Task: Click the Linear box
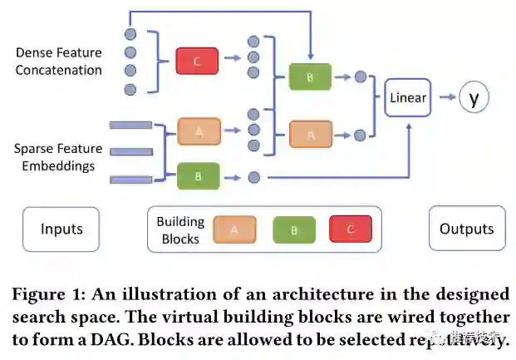pyautogui.click(x=407, y=98)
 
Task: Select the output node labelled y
pyautogui.click(x=474, y=98)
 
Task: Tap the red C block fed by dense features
pyautogui.click(x=197, y=61)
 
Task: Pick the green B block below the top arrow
pyautogui.click(x=309, y=77)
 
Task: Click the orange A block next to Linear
pyautogui.click(x=311, y=134)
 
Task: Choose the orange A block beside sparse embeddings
pyautogui.click(x=199, y=131)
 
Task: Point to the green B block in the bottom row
pyautogui.click(x=199, y=176)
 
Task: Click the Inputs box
pyautogui.click(x=60, y=229)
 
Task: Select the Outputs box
pyautogui.click(x=466, y=229)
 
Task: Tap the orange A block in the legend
pyautogui.click(x=233, y=229)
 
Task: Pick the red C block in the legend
pyautogui.click(x=350, y=229)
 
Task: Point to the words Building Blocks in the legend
pyautogui.click(x=180, y=230)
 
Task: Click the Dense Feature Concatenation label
pyautogui.click(x=58, y=62)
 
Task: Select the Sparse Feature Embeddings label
pyautogui.click(x=58, y=157)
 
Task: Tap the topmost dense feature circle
pyautogui.click(x=130, y=34)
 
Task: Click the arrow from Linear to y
pyautogui.click(x=445, y=98)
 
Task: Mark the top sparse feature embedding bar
pyautogui.click(x=130, y=126)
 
